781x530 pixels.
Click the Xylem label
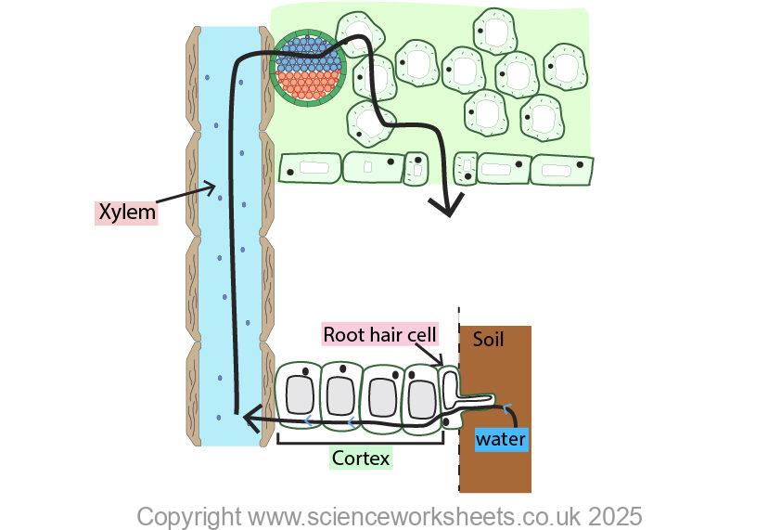127,213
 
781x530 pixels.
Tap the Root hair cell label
379,334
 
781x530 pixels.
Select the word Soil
488,340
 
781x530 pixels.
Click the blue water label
501,439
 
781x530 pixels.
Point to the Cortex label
361,458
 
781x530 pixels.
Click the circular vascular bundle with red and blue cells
308,71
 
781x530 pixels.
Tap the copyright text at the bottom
389,516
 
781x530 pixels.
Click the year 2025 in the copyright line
614,516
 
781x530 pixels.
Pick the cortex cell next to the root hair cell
422,394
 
